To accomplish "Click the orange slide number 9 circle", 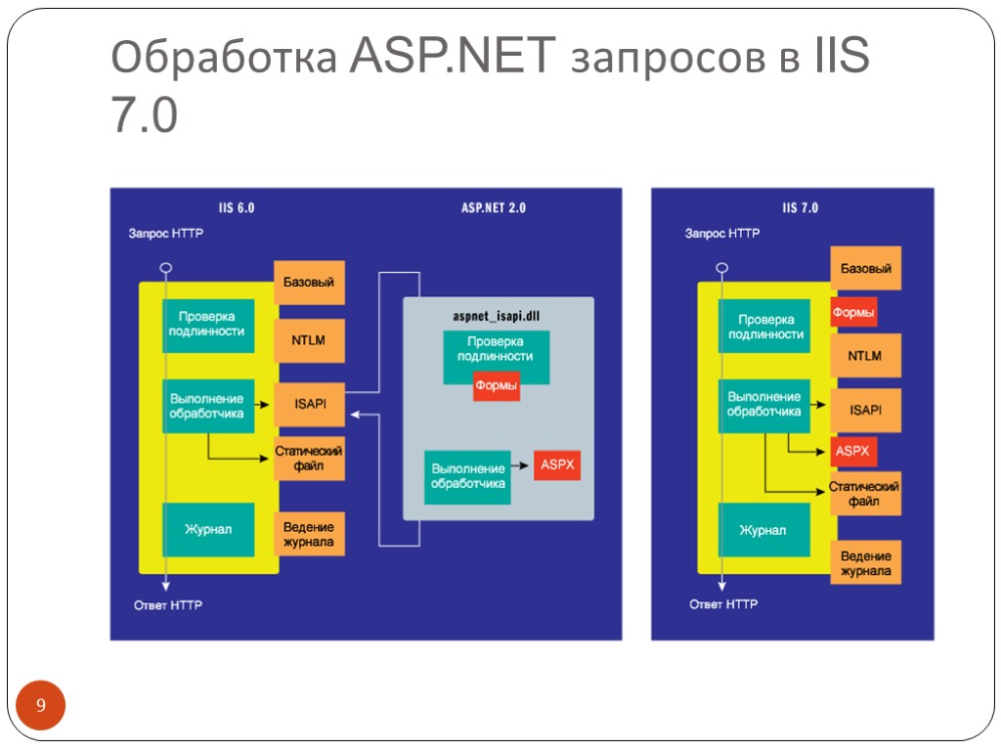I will click(40, 707).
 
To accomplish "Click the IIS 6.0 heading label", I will click(237, 207).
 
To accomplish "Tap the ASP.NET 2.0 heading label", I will click(493, 207).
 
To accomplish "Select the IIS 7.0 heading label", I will click(801, 207).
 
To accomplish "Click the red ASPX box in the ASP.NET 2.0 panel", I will click(557, 464).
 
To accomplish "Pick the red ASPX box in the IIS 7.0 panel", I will click(850, 452).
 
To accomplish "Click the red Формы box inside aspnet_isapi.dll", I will click(496, 386).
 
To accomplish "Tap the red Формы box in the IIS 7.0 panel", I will click(852, 313).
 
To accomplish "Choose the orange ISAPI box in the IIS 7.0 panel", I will click(865, 410).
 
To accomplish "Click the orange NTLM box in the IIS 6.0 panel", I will click(309, 341).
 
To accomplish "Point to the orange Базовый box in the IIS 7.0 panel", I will click(865, 268).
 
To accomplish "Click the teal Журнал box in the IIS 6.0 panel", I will click(208, 529).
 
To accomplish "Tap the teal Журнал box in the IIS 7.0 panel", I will click(762, 530).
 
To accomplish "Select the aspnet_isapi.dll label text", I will click(497, 316).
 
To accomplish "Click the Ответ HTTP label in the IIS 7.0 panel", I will click(723, 604).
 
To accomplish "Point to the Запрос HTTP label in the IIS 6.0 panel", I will click(166, 234).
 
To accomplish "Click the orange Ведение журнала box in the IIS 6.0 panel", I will click(309, 535).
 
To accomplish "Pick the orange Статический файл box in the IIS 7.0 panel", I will click(865, 493).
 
